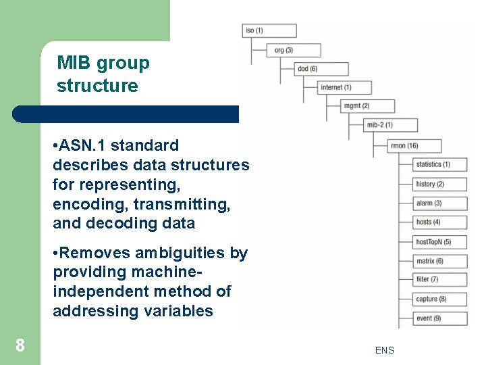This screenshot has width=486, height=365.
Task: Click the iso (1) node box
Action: [x=269, y=30]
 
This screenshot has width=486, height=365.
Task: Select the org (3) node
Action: [x=294, y=50]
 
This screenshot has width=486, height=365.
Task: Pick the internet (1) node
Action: [x=345, y=87]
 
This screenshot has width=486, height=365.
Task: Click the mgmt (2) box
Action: [x=368, y=106]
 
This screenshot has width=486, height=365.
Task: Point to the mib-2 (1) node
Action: [x=391, y=125]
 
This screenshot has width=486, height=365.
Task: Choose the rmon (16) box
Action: [x=415, y=145]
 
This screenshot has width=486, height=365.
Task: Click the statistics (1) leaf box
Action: [x=439, y=164]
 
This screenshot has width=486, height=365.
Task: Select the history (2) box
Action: [x=439, y=184]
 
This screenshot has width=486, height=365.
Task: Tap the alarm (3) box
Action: [x=439, y=203]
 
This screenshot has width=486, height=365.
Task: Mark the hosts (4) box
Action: [x=439, y=222]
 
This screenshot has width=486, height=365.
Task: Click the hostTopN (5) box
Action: [x=439, y=242]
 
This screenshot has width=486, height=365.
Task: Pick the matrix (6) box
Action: [x=439, y=261]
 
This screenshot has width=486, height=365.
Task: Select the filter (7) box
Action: [x=439, y=279]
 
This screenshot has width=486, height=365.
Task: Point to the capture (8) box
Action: [x=439, y=299]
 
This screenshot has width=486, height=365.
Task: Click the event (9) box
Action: [x=439, y=318]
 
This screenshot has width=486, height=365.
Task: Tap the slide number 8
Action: [x=20, y=346]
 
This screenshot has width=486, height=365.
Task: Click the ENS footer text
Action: [x=385, y=350]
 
